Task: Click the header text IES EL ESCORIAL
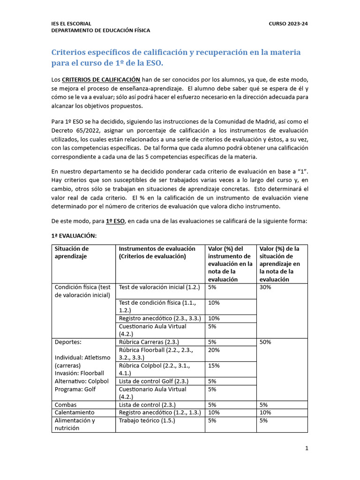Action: click(x=71, y=23)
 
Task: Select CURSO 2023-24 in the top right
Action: click(x=288, y=23)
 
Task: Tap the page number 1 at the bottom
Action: click(x=307, y=448)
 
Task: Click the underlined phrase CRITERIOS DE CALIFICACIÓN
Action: click(x=101, y=80)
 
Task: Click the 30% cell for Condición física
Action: click(x=265, y=287)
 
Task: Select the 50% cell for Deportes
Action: click(x=265, y=342)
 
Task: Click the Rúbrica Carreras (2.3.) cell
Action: click(x=149, y=342)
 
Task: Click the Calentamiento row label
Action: click(x=75, y=412)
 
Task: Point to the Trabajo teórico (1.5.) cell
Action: click(x=147, y=420)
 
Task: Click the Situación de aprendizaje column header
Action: click(x=72, y=252)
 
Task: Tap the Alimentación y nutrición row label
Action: click(x=75, y=424)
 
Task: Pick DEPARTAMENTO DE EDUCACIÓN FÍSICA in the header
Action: click(x=100, y=30)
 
